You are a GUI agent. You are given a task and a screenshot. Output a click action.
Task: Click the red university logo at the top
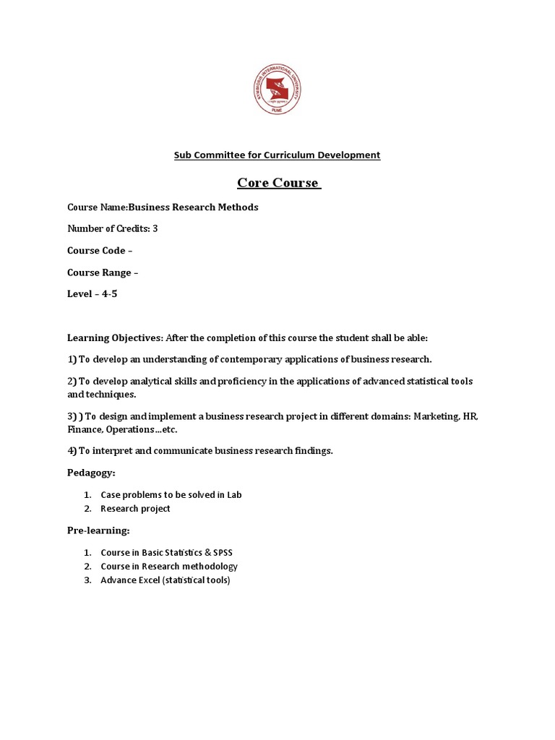tap(277, 87)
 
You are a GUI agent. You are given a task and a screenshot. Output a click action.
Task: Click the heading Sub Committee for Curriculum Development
tap(277, 155)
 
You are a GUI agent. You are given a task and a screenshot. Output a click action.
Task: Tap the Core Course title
tap(278, 183)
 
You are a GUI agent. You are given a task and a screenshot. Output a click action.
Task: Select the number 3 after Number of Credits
tap(155, 228)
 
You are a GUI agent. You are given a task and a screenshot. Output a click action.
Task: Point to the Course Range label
tap(100, 272)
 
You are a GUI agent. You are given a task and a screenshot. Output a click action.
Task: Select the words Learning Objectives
tap(116, 337)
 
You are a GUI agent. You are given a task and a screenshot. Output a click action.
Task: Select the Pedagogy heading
tap(91, 473)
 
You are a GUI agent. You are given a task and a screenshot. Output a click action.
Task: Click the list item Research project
tap(135, 508)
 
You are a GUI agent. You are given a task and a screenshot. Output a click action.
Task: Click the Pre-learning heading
tap(98, 530)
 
